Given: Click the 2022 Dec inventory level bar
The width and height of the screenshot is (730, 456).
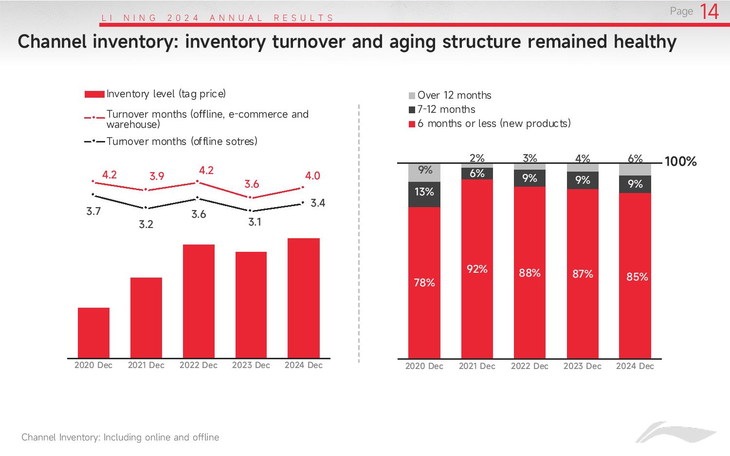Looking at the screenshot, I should (x=199, y=301).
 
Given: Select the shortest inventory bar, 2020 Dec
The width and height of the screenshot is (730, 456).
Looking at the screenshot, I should (x=93, y=333).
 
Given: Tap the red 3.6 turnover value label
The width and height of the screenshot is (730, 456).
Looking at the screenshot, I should (x=252, y=184).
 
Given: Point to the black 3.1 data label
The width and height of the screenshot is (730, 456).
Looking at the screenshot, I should (x=255, y=222).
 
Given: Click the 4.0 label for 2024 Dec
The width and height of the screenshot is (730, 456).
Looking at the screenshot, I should (x=312, y=176).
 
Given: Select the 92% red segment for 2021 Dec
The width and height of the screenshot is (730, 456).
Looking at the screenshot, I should (x=477, y=269).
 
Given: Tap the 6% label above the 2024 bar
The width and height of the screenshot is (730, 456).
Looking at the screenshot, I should (x=635, y=158).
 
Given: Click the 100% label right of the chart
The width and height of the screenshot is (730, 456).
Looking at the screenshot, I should (x=680, y=162).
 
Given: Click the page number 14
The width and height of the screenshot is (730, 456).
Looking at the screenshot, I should (x=709, y=12).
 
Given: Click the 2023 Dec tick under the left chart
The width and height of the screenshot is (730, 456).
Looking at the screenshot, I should (x=251, y=365).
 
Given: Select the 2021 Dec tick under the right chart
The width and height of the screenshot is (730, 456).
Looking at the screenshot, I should (x=477, y=366).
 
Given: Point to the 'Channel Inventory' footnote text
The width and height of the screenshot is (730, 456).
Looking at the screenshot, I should (x=120, y=437).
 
